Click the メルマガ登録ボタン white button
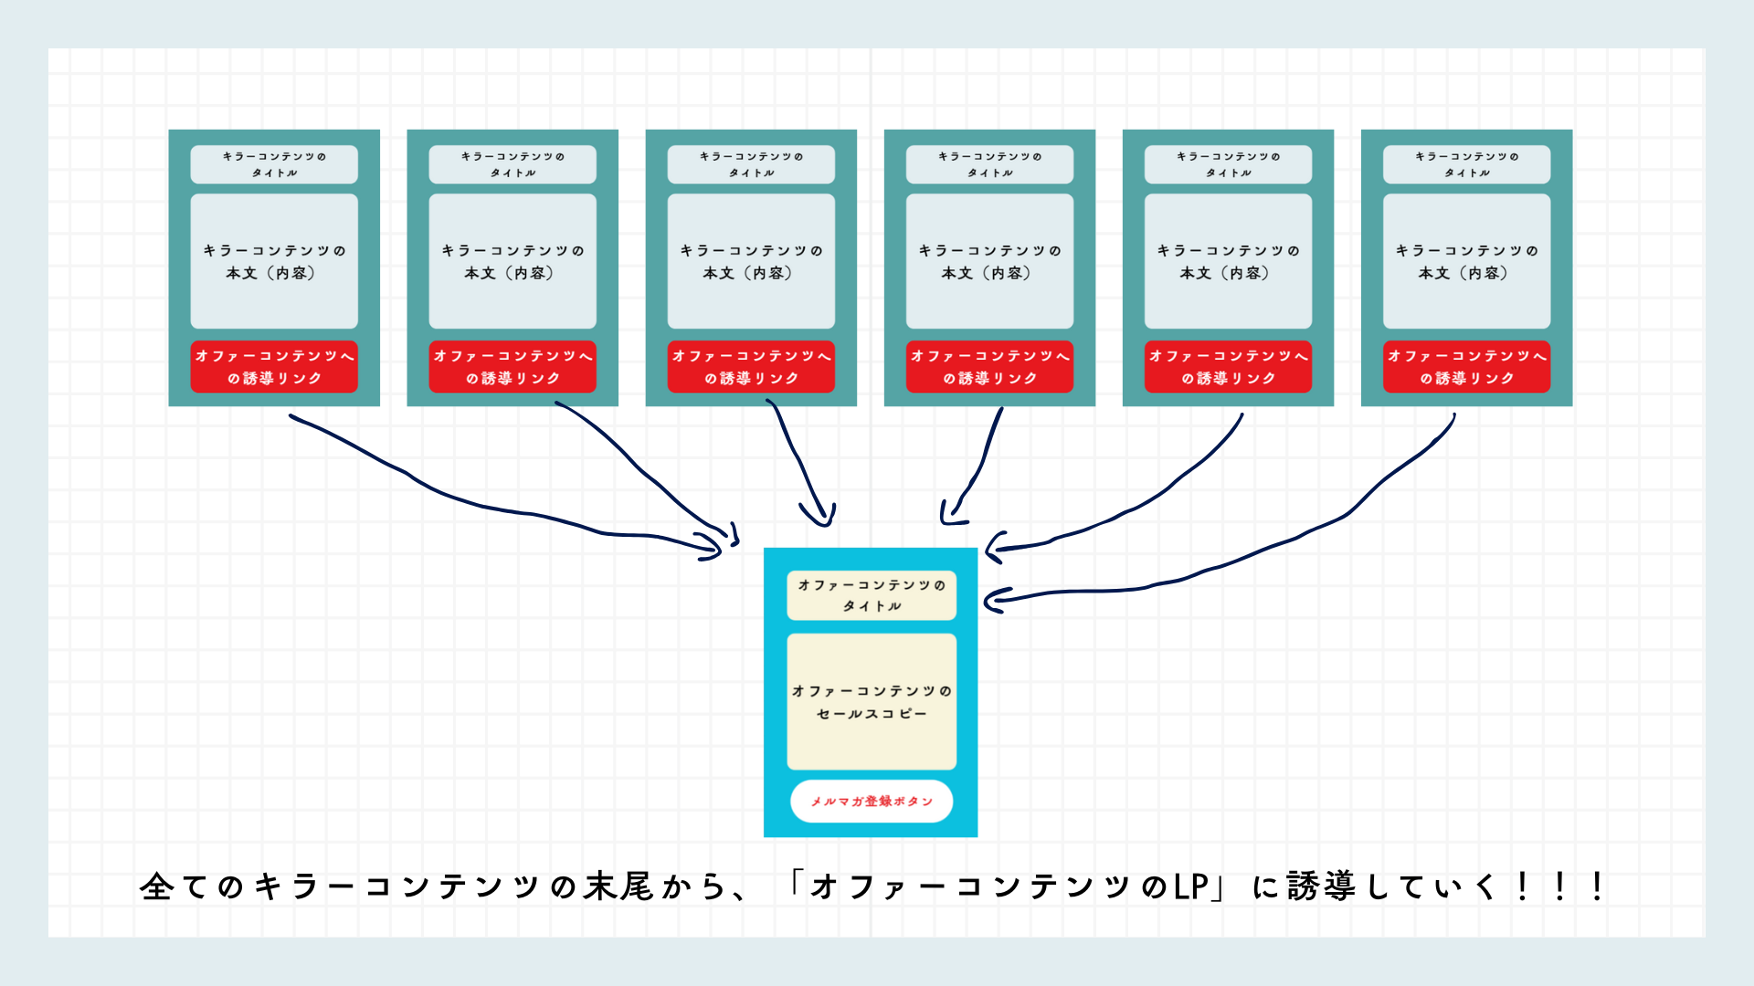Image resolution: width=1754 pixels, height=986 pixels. tap(872, 801)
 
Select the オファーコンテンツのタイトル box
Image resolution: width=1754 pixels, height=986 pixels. tap(872, 594)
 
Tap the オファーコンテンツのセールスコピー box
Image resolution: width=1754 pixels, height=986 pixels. tap(872, 701)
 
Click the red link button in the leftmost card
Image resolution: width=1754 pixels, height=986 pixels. tap(274, 367)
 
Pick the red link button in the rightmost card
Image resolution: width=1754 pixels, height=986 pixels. tap(1466, 367)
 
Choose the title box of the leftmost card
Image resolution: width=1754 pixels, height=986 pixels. tap(274, 164)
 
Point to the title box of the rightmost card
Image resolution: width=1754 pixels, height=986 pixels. tap(1466, 164)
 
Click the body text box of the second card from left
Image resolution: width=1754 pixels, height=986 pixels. tap(512, 261)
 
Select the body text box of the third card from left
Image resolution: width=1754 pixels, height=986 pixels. tap(751, 261)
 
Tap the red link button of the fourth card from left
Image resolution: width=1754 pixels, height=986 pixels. tap(989, 367)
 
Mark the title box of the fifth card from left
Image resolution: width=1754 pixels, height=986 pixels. tap(1228, 164)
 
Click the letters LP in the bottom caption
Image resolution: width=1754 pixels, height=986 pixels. tap(1191, 886)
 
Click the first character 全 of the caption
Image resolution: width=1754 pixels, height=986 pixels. tap(156, 886)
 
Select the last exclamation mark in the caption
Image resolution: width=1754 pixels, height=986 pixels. tap(1597, 886)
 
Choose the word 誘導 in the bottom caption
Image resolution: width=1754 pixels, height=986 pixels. tap(1321, 886)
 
